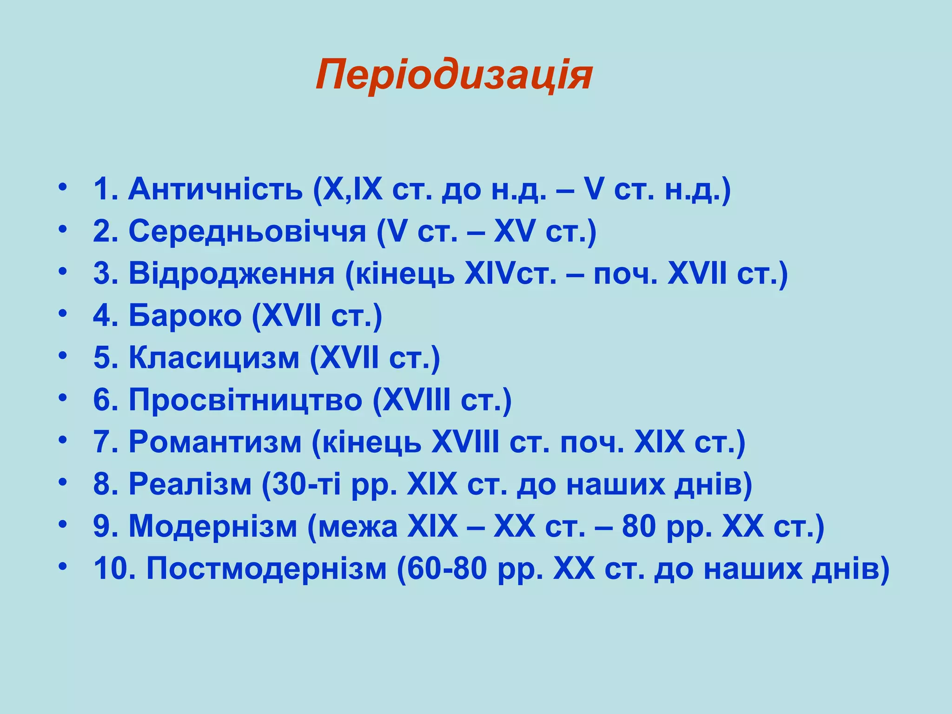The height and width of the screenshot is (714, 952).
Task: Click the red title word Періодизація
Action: (454, 75)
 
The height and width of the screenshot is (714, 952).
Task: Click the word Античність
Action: (215, 189)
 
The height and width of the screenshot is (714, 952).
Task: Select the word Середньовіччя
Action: (247, 231)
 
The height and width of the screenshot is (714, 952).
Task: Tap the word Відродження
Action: (231, 273)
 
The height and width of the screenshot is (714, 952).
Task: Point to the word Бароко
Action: (185, 316)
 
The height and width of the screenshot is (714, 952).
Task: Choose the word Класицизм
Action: (214, 358)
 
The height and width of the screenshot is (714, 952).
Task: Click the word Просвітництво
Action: (245, 400)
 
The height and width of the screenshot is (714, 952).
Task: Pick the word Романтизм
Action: (215, 442)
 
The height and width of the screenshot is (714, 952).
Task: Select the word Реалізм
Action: (190, 484)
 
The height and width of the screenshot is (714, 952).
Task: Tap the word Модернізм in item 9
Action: (212, 526)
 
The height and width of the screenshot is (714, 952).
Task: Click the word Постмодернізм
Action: (266, 568)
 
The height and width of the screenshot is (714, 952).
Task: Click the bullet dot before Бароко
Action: (63, 313)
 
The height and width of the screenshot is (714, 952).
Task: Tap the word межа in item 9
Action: (358, 526)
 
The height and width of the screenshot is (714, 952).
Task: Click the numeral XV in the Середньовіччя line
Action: (514, 231)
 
